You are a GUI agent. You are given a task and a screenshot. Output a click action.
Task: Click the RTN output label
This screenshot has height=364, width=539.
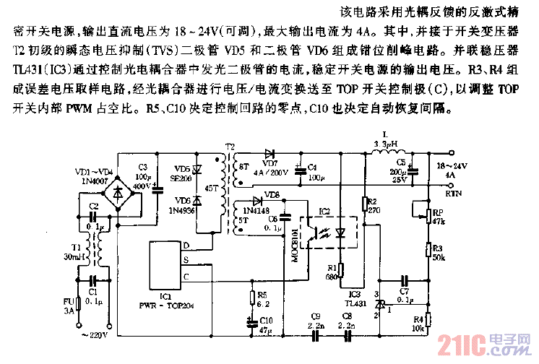tap(453, 193)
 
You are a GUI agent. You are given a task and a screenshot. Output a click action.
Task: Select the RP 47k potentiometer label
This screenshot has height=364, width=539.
tap(438, 217)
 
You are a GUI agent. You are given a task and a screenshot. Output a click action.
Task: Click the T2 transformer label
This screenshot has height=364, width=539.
tap(230, 146)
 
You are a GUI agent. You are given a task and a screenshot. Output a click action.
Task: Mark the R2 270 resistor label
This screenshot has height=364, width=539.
tap(373, 205)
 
